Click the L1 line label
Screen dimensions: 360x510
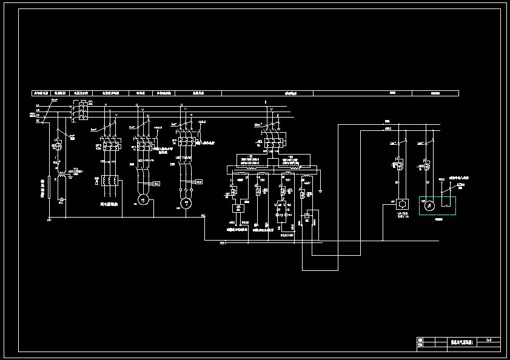[38, 105]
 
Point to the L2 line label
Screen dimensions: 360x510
[38, 110]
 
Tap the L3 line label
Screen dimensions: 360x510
[38, 115]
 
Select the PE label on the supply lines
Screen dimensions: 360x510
[38, 121]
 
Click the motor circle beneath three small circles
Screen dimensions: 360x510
[187, 202]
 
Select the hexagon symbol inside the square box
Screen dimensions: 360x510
[400, 205]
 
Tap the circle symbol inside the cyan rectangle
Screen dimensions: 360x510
[430, 207]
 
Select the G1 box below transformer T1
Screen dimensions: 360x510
[238, 208]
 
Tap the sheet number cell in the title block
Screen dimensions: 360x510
[489, 340]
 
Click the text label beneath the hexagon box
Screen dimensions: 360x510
[400, 215]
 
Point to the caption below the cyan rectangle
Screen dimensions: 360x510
[438, 219]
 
